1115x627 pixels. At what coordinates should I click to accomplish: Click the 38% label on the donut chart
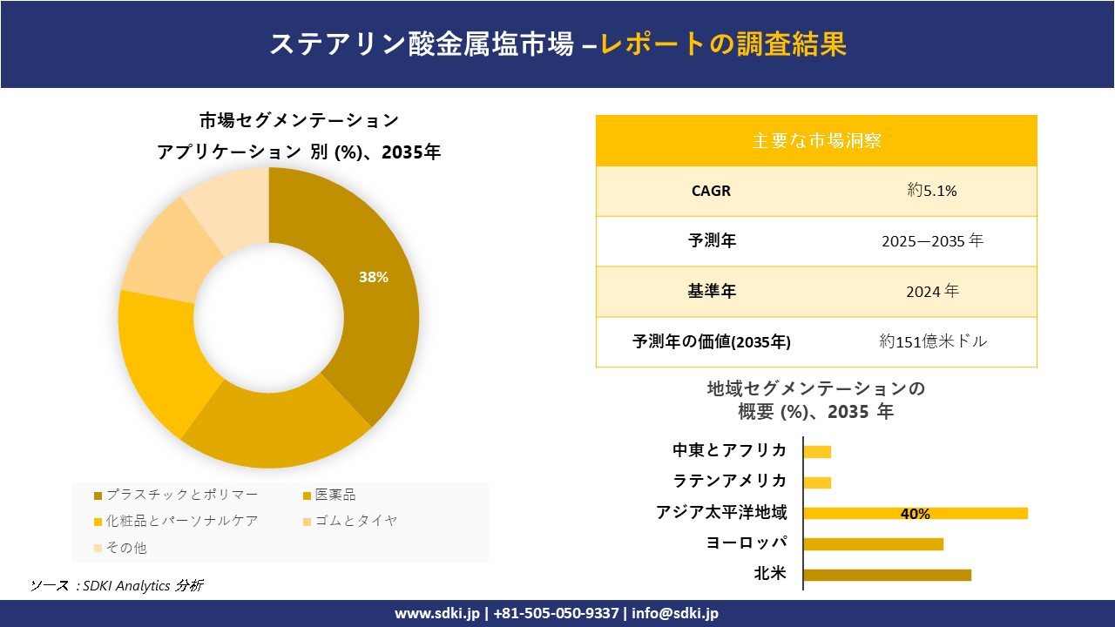374,277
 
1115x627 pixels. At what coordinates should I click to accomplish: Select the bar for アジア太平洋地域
915,513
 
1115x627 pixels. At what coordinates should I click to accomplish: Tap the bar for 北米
887,575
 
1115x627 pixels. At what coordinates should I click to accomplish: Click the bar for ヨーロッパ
873,544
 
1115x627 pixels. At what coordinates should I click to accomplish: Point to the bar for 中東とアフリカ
817,451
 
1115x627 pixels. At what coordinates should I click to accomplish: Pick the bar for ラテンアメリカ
817,482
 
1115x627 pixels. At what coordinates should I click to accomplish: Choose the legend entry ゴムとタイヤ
354,521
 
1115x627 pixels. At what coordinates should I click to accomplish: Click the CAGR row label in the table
711,191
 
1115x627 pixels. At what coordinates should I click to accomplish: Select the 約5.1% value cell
932,191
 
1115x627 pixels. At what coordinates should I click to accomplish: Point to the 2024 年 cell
932,292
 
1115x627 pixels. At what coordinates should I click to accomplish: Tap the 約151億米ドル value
933,341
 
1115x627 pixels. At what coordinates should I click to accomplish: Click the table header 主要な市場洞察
816,140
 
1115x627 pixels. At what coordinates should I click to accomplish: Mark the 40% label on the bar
915,514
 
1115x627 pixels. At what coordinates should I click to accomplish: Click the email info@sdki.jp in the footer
675,613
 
